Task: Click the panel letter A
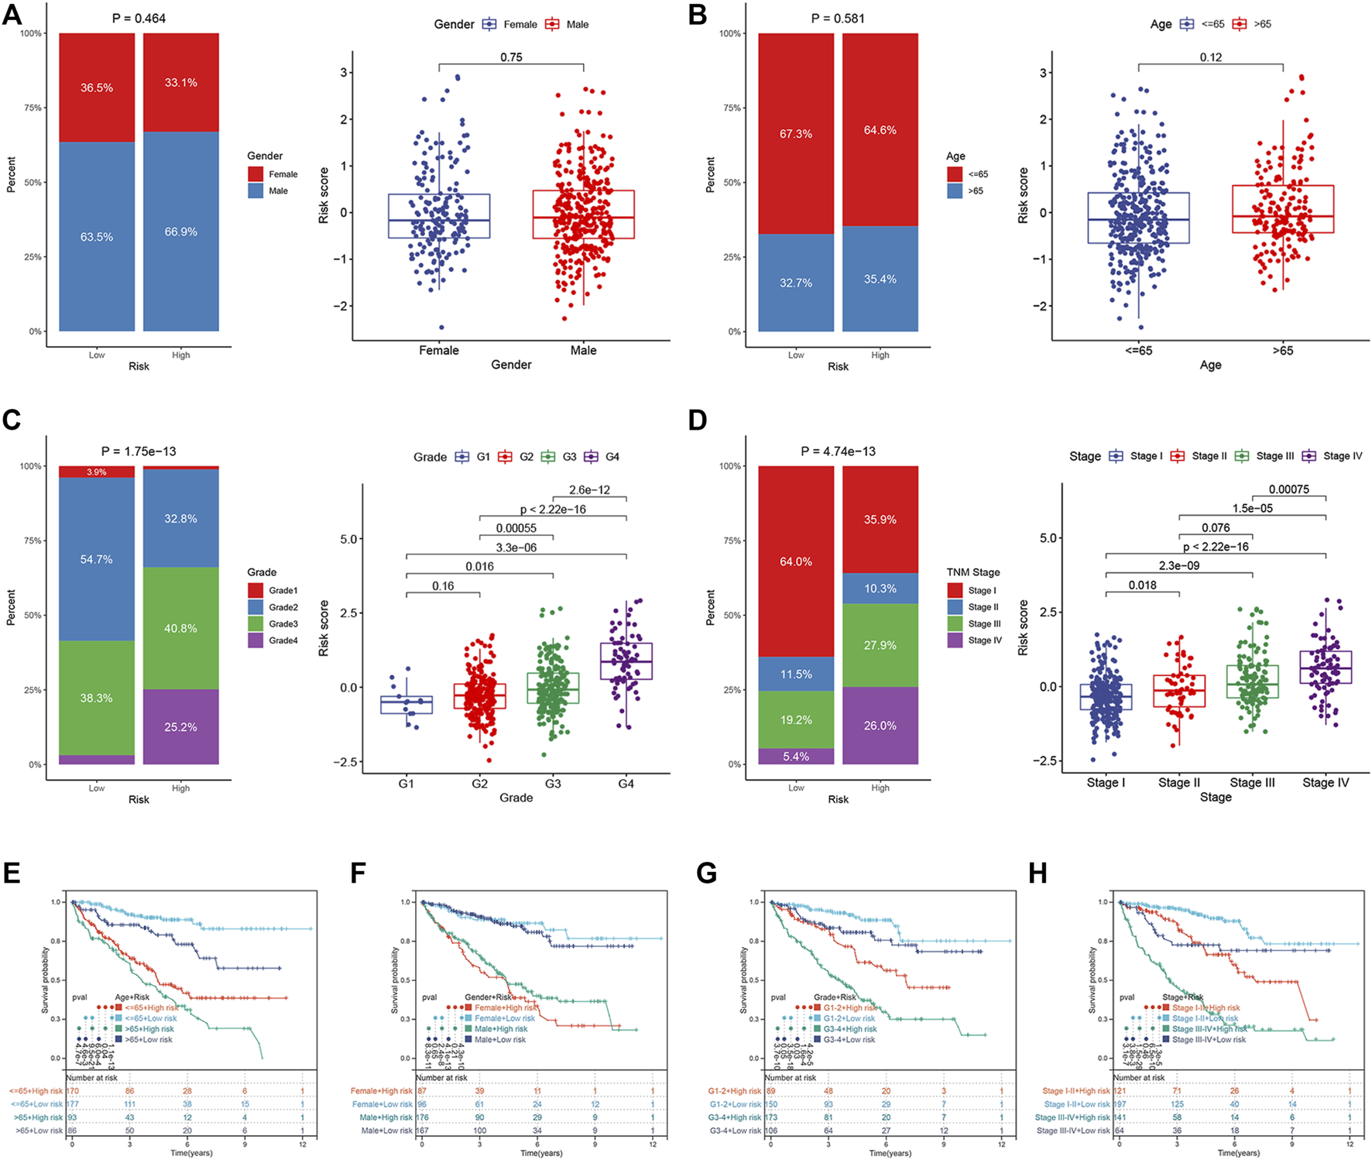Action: (12, 15)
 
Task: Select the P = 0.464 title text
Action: (139, 18)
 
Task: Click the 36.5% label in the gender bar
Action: (97, 88)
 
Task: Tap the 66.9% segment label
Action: (180, 232)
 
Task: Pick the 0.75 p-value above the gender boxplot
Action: (511, 57)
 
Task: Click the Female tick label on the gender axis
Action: (439, 350)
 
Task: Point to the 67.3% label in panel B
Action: (796, 134)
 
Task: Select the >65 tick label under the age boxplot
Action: (1282, 350)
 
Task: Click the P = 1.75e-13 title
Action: (139, 451)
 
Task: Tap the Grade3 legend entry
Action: (283, 624)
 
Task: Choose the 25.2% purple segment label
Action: (180, 727)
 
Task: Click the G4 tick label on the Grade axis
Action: (626, 784)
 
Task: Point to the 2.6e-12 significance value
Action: (589, 490)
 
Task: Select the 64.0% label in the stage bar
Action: (796, 561)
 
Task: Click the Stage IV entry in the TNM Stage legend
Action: (984, 640)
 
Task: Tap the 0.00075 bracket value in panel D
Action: (1289, 489)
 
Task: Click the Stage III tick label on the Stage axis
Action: (1252, 783)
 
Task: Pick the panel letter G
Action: (706, 873)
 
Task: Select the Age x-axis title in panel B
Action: (1210, 365)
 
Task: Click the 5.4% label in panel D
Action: (796, 757)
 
